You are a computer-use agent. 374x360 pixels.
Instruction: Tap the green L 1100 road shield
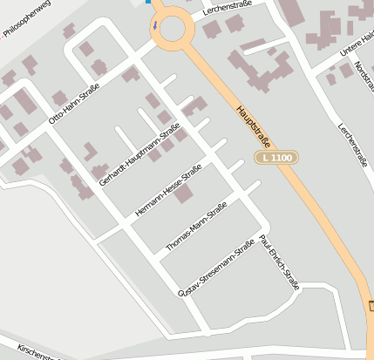point(277,158)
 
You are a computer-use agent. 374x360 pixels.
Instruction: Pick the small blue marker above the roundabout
point(148,2)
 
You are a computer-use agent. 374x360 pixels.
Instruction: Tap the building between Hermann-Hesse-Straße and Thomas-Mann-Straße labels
point(183,194)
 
